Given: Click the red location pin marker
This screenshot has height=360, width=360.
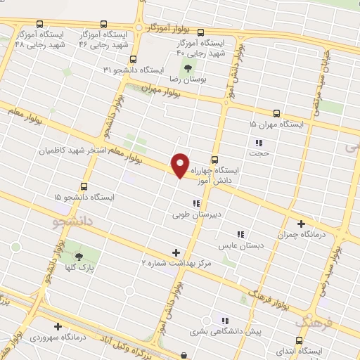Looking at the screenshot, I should tap(181, 165).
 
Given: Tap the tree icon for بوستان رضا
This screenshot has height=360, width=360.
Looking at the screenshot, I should tap(188, 68).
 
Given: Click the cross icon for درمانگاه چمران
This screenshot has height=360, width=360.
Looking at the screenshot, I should tap(302, 223).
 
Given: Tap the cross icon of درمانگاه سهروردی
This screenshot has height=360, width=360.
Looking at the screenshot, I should tap(57, 326).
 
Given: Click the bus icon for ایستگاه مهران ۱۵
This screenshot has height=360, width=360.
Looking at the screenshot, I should tap(276, 112).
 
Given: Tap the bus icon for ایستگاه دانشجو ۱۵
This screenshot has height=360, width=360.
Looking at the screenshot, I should tap(84, 186).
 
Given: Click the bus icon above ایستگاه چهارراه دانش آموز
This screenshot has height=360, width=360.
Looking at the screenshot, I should tap(214, 159).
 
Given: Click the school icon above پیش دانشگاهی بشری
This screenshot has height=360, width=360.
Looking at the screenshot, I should tap(224, 320).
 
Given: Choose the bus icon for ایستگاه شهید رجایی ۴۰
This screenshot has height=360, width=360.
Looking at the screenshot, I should tap(200, 32).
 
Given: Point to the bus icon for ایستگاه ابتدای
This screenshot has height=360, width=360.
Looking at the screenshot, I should tap(300, 340).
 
